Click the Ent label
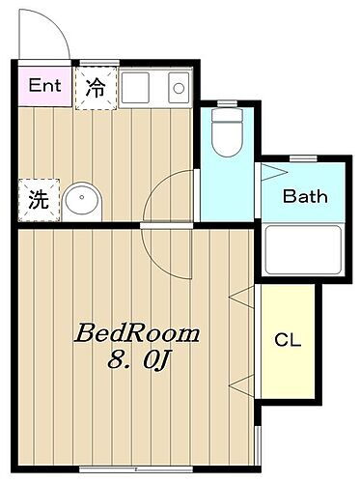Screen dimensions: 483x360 pos(44,85)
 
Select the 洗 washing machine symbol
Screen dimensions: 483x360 pos(37,201)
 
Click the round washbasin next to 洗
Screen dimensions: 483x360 pos(81,202)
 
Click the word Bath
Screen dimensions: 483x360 pos(305,197)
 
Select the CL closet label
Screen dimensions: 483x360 pos(288,340)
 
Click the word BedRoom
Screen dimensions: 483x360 pos(137,335)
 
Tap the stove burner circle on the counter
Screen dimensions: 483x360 pos(179,88)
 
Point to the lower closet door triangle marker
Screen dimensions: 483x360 pos(240,386)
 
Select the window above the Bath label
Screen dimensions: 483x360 pos(302,157)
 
